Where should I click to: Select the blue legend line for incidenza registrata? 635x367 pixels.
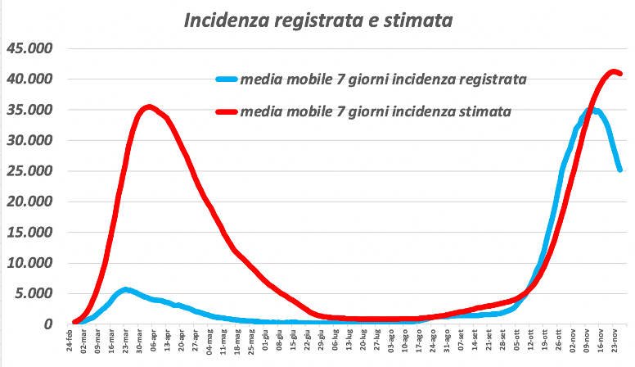tap(226, 79)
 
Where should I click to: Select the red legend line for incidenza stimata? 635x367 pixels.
tap(226, 110)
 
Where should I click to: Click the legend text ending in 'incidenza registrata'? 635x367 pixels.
tap(382, 79)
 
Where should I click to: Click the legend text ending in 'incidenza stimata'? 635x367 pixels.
tap(376, 110)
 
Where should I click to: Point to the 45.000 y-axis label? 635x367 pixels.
tap(29, 48)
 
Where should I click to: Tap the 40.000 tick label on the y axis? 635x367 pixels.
tap(29, 79)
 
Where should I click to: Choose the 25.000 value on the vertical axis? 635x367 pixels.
tap(29, 171)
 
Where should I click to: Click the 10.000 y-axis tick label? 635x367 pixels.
tap(29, 263)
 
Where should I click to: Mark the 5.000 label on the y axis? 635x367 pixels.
tap(34, 293)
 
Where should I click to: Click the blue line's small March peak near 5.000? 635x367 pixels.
tap(125, 289)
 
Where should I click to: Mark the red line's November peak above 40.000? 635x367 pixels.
tap(613, 71)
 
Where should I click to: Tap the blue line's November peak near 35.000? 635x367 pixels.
tap(591, 110)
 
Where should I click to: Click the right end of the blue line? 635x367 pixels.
tap(620, 170)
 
